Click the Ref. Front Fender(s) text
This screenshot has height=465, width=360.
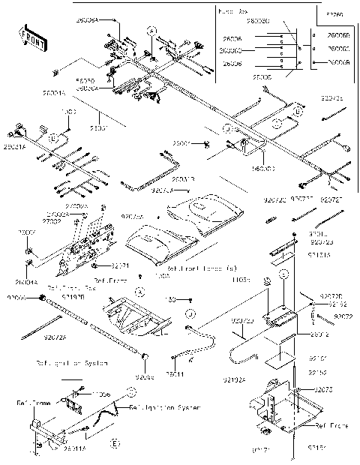[202, 268]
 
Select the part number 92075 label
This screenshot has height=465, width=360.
[322, 390]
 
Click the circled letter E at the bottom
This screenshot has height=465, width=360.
[114, 445]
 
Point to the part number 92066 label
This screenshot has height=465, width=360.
[17, 297]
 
